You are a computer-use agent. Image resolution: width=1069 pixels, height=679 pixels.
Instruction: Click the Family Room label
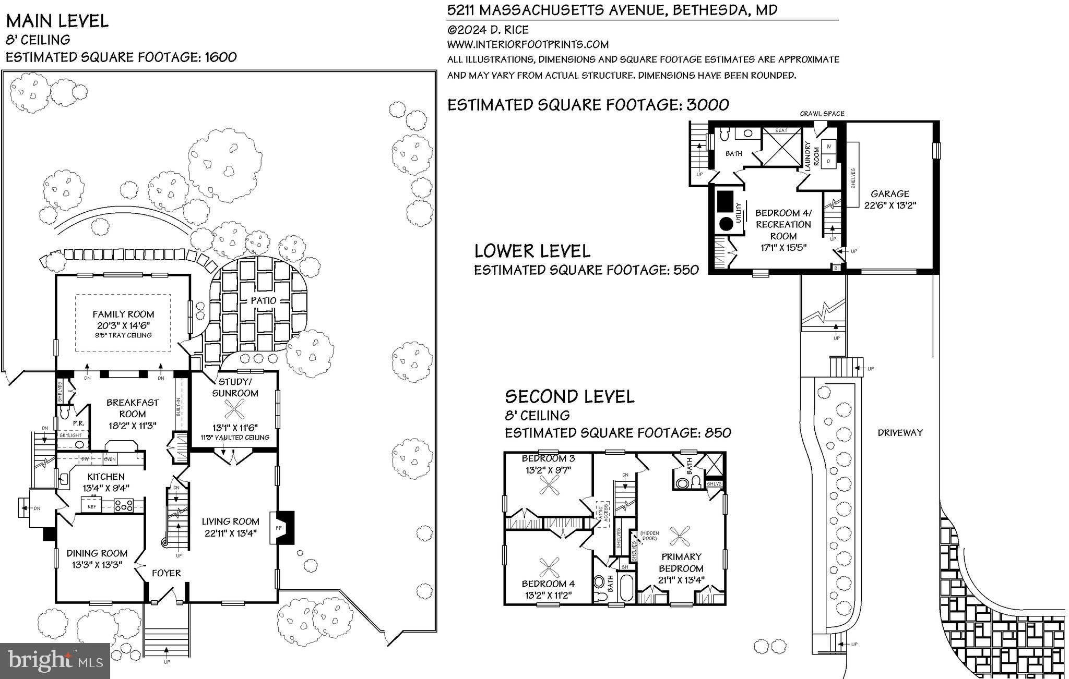pos(123,314)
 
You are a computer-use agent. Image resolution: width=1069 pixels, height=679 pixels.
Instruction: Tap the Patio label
pos(264,300)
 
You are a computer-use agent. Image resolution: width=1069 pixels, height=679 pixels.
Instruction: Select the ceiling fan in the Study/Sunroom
pos(235,410)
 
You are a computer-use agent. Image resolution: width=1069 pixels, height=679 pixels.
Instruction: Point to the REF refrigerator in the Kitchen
pos(92,506)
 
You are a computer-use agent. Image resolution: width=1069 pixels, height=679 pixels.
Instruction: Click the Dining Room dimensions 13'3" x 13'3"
pos(97,564)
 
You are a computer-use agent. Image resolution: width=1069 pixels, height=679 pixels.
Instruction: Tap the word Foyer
pos(166,573)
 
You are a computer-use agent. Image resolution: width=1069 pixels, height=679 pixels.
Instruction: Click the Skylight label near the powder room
pos(70,435)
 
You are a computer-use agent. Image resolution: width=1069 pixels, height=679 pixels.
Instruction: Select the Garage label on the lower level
pos(889,193)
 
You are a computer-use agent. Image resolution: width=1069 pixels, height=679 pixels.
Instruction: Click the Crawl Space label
pos(822,114)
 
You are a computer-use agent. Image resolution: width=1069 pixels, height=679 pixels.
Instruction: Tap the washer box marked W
pos(828,147)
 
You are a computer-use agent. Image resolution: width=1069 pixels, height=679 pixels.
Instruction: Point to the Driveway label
pos(900,432)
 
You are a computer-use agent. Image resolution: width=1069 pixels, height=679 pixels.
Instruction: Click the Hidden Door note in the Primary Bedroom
pos(649,536)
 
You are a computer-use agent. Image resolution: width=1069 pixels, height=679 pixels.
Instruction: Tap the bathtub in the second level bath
pos(625,587)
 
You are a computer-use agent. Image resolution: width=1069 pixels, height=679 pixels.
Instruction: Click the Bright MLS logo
pos(55,661)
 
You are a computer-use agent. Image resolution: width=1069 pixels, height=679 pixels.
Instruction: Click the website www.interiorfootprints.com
pos(528,44)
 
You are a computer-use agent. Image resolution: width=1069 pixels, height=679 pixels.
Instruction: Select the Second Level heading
pos(569,397)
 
